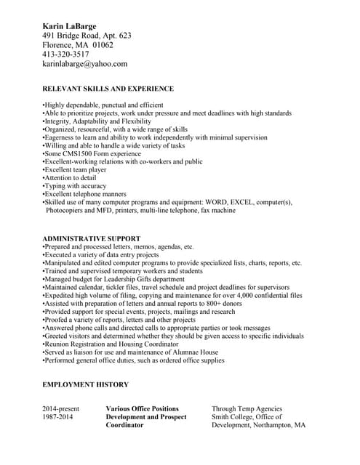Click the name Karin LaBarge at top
[69, 26]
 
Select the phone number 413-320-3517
[65, 54]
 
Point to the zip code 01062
[103, 45]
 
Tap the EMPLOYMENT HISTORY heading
[85, 384]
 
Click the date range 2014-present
[60, 409]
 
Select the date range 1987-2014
[59, 417]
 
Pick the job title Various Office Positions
[142, 409]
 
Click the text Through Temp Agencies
[247, 409]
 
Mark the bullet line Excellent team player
[74, 170]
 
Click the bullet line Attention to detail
[70, 178]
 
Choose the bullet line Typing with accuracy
[74, 186]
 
